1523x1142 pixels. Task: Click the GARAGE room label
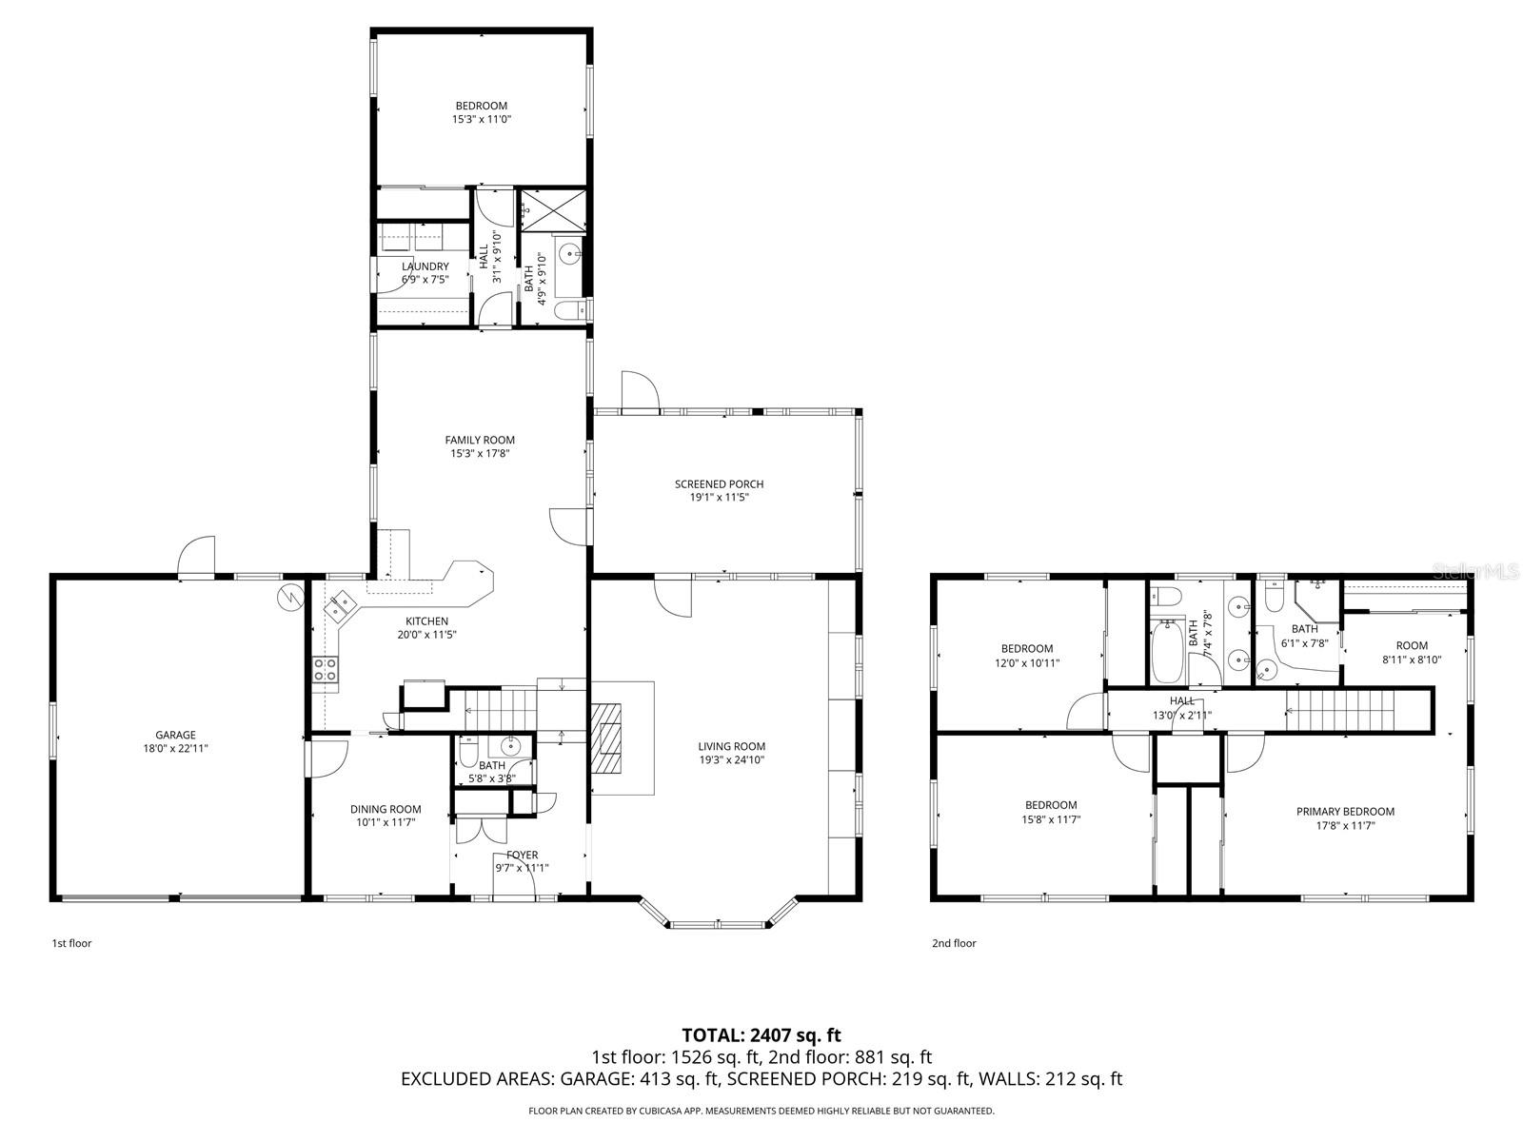click(x=175, y=735)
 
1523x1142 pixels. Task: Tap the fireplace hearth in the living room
click(x=606, y=738)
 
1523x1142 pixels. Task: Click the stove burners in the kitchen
click(x=325, y=670)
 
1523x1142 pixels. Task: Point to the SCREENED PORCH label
click(x=719, y=484)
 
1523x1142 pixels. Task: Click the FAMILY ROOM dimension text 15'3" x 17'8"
click(x=480, y=454)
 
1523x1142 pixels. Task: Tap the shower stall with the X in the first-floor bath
click(x=553, y=208)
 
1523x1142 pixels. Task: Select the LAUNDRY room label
click(x=425, y=266)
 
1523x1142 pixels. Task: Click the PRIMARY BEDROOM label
click(x=1345, y=811)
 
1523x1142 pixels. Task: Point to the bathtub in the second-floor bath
click(x=1167, y=652)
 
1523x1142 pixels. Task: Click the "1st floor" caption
click(x=71, y=943)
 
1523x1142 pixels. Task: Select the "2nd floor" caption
click(x=954, y=943)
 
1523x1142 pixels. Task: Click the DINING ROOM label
click(x=386, y=809)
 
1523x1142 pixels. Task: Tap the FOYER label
click(x=522, y=855)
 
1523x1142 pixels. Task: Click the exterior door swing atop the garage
click(x=196, y=556)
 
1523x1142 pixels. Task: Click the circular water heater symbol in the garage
click(x=290, y=597)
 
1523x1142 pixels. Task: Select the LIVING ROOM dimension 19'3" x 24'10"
click(x=731, y=760)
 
